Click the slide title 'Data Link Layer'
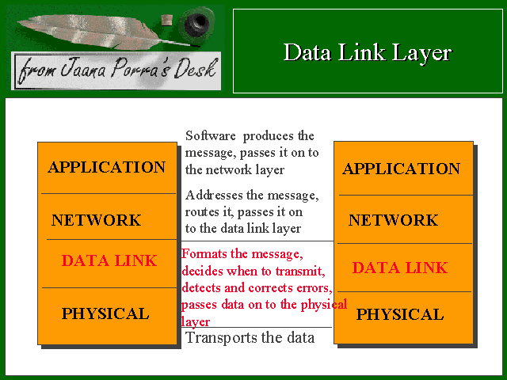click(x=368, y=52)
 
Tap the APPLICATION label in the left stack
click(x=107, y=167)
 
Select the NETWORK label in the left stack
click(x=97, y=220)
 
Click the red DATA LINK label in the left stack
click(x=109, y=260)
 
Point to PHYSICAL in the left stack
click(x=105, y=313)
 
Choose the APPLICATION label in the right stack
click(x=402, y=169)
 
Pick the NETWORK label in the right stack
click(x=393, y=220)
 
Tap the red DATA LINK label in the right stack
click(x=400, y=268)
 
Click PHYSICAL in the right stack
click(x=400, y=314)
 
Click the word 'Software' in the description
click(x=211, y=135)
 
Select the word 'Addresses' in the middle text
click(x=214, y=196)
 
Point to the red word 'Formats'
click(x=204, y=254)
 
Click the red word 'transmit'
click(x=300, y=271)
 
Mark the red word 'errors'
click(x=314, y=288)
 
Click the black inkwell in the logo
click(x=197, y=22)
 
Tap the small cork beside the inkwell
click(x=167, y=20)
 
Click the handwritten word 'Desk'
click(x=195, y=69)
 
